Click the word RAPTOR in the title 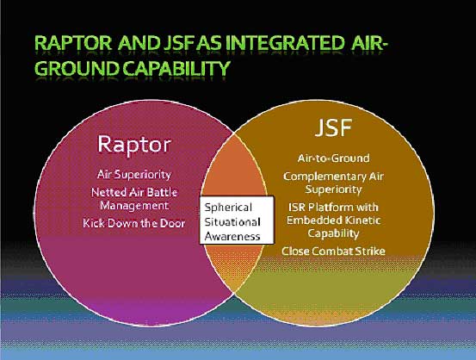pos(73,43)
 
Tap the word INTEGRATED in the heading pos(284,43)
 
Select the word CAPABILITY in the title pos(176,68)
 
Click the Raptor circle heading pos(134,144)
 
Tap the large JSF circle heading pos(333,127)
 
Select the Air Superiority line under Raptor pos(134,175)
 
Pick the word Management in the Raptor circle pos(134,206)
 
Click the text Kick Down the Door pos(134,223)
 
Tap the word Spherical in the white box pos(228,208)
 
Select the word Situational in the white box pos(232,222)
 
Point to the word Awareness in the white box pos(232,237)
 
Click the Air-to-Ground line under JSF pos(333,158)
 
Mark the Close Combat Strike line pos(333,251)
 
